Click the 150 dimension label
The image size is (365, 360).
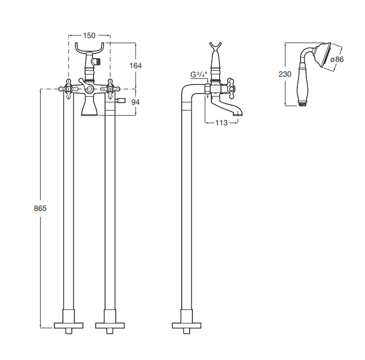[89, 35]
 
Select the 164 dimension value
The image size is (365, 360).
[135, 66]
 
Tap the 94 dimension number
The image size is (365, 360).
[135, 102]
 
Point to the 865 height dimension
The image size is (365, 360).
[40, 208]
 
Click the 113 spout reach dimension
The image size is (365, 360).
[221, 123]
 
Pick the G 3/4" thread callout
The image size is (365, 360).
[199, 75]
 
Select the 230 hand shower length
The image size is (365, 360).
[285, 74]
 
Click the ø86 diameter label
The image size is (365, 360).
[337, 59]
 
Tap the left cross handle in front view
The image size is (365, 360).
[69, 89]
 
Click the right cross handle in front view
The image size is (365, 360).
[110, 89]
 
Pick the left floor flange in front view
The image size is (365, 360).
[69, 325]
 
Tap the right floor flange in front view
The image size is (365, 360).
[110, 325]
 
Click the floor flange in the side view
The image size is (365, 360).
[186, 325]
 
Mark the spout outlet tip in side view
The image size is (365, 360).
[238, 114]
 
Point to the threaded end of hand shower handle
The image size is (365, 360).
[302, 104]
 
